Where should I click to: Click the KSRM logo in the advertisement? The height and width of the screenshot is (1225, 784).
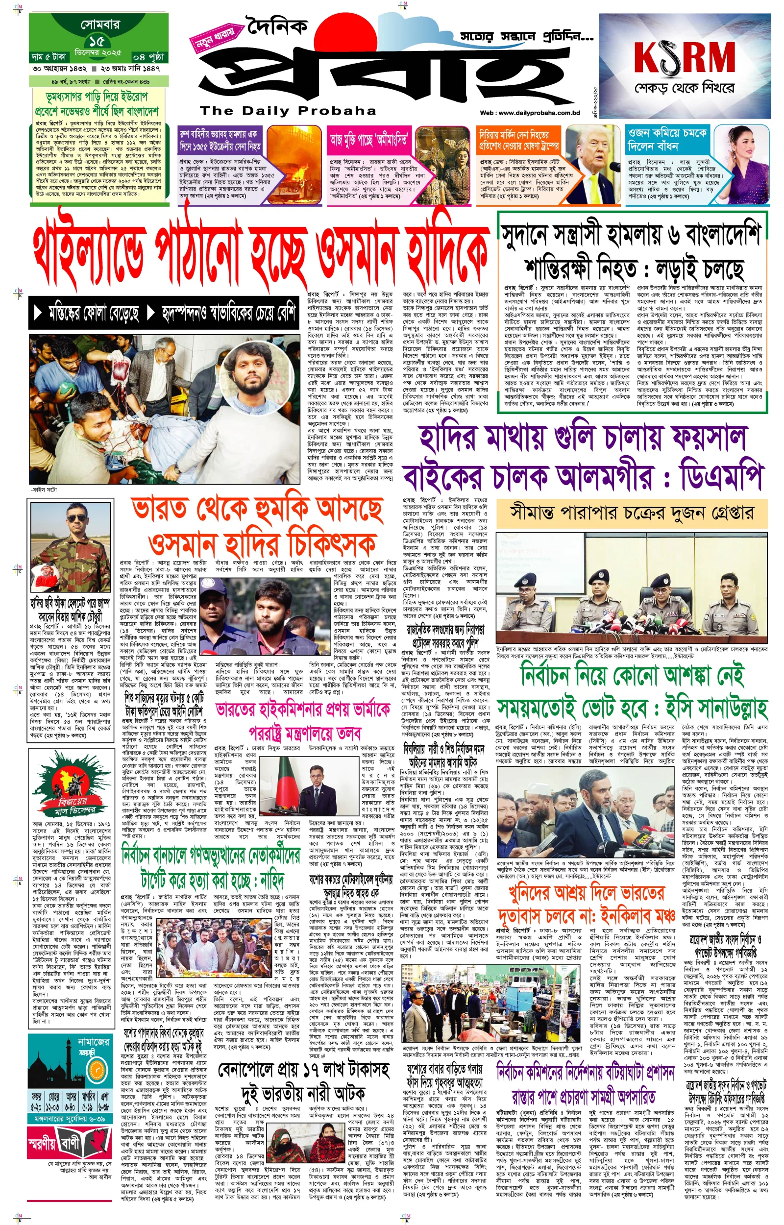click(685, 57)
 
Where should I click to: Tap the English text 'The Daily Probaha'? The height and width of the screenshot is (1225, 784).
click(288, 111)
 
